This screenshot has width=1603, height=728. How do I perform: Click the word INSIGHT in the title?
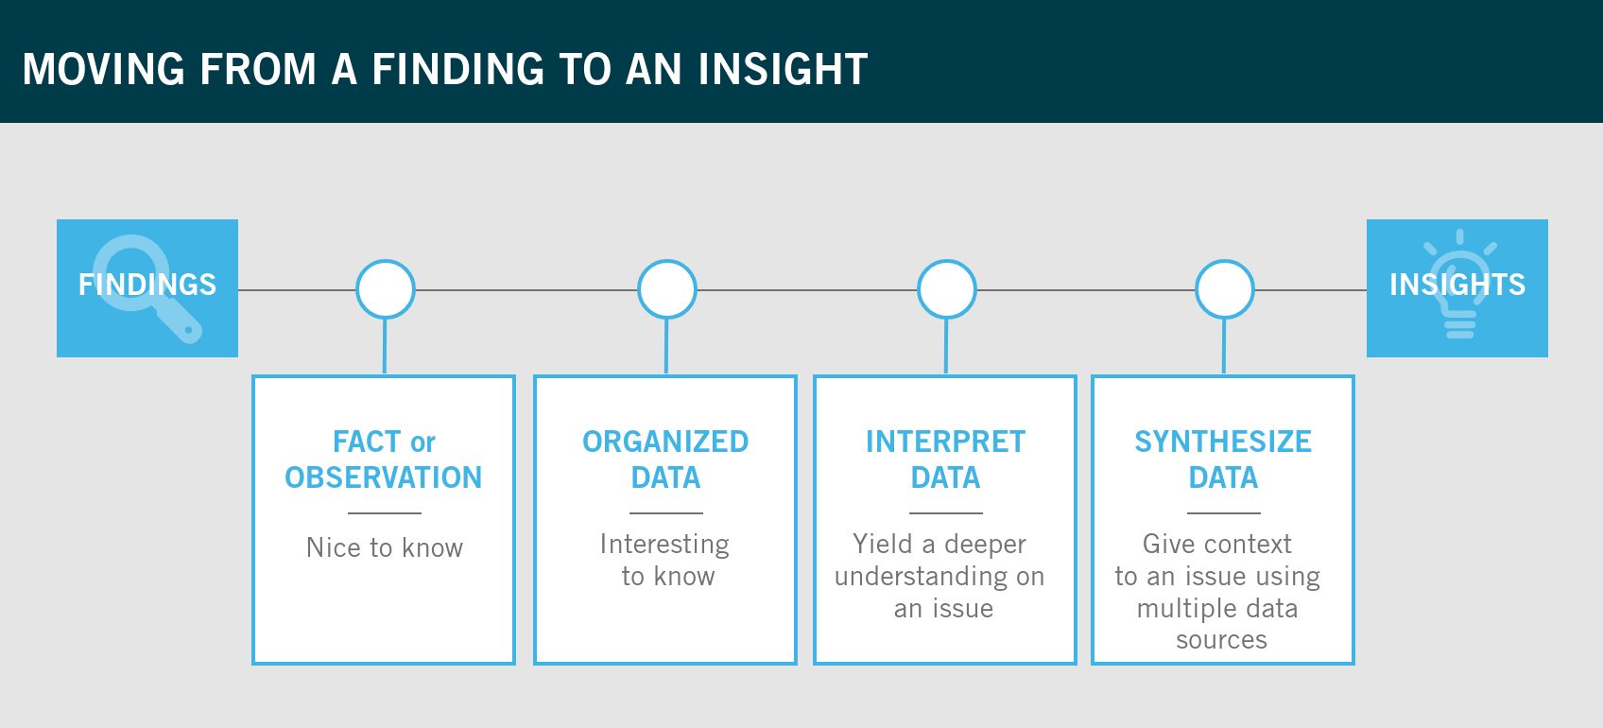tap(783, 69)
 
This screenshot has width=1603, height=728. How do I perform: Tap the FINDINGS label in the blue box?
tap(147, 285)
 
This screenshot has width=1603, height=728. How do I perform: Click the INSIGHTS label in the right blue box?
tap(1456, 285)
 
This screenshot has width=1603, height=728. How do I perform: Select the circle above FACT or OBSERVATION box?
tap(385, 289)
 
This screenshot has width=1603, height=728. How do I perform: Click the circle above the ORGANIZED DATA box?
tap(666, 289)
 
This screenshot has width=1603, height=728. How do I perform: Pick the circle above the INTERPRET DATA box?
tap(946, 289)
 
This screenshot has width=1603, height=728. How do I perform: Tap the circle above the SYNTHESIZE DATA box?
tap(1224, 289)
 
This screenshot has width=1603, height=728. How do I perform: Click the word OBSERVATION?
tap(383, 477)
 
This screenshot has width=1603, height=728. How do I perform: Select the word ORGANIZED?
tap(665, 442)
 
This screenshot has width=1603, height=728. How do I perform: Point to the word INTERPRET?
tap(945, 442)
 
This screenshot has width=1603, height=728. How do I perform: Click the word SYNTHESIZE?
tap(1223, 442)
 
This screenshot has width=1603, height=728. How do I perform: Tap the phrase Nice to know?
tap(385, 547)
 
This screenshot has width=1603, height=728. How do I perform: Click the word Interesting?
tap(664, 544)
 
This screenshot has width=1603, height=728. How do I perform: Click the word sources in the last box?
tap(1221, 640)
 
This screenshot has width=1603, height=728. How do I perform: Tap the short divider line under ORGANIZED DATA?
tap(665, 513)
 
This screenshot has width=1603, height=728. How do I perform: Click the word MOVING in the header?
tap(104, 69)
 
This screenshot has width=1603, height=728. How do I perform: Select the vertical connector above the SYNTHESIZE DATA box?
tap(1224, 347)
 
